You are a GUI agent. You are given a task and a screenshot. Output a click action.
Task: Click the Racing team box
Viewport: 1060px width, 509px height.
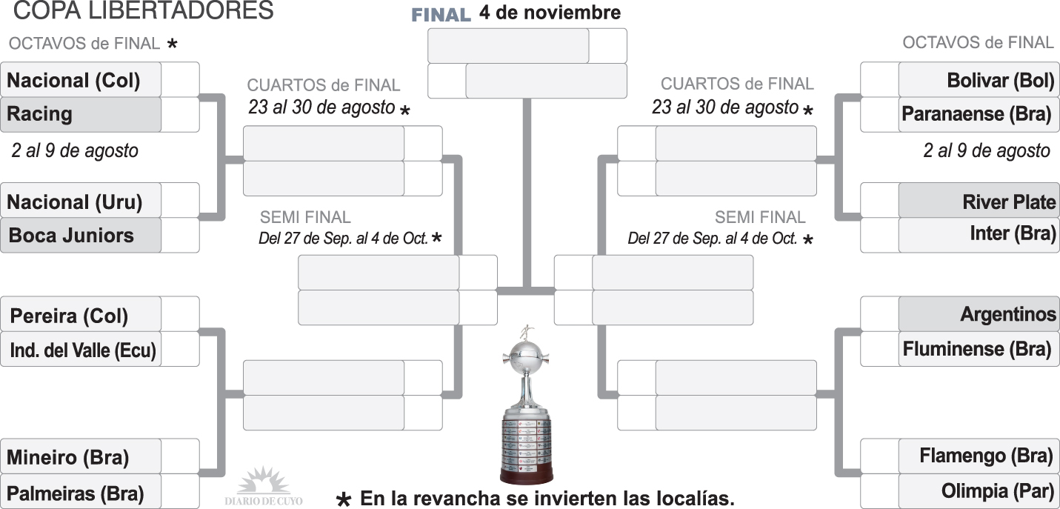tap(81, 114)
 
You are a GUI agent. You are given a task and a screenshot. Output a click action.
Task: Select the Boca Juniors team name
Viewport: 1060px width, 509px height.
tap(81, 236)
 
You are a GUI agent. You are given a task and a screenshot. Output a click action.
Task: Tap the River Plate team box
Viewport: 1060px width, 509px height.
tap(979, 202)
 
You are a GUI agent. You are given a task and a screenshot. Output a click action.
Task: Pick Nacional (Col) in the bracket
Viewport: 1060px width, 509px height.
tap(81, 80)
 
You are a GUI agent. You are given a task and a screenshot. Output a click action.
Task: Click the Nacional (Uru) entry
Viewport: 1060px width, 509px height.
tap(81, 201)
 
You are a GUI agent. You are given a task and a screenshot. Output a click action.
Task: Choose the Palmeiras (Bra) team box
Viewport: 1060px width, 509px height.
tap(81, 493)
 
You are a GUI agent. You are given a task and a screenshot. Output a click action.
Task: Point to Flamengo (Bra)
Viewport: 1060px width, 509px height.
tap(979, 456)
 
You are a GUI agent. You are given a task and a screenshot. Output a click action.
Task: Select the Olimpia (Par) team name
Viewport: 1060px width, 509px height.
tap(979, 490)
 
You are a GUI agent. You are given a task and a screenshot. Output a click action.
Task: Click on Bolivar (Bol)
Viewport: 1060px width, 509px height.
tap(979, 80)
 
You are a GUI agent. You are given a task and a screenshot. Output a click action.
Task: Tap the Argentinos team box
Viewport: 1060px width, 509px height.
tap(979, 314)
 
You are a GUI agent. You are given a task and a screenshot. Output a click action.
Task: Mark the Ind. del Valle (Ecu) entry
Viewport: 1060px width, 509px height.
tap(81, 350)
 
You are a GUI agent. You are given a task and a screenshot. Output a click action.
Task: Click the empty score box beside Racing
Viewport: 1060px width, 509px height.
tap(180, 114)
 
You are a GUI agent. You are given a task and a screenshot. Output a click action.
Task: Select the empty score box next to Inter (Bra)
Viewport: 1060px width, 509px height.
tap(879, 235)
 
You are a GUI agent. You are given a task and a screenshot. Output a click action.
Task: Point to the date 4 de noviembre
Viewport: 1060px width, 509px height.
tap(550, 13)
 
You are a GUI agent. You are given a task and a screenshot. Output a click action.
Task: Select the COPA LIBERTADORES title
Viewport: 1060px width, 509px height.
tap(144, 10)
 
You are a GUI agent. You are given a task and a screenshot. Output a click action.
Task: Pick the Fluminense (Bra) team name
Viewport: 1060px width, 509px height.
tap(979, 349)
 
